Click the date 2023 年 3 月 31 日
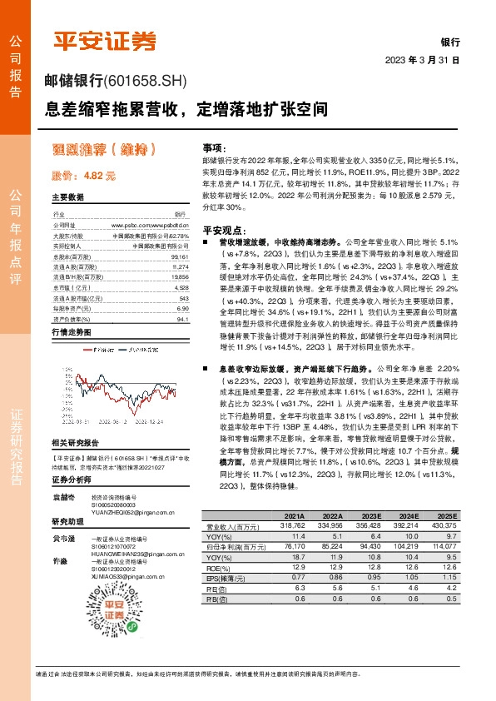pyautogui.click(x=423, y=61)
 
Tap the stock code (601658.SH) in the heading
pyautogui.click(x=146, y=82)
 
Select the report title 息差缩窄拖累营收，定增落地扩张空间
pyautogui.click(x=186, y=109)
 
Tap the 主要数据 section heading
pyautogui.click(x=68, y=198)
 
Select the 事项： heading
pyautogui.click(x=214, y=147)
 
